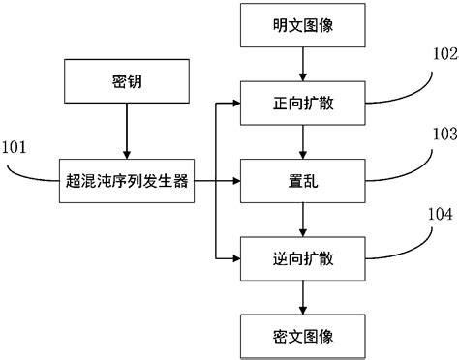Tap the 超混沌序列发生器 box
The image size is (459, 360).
(128, 181)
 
